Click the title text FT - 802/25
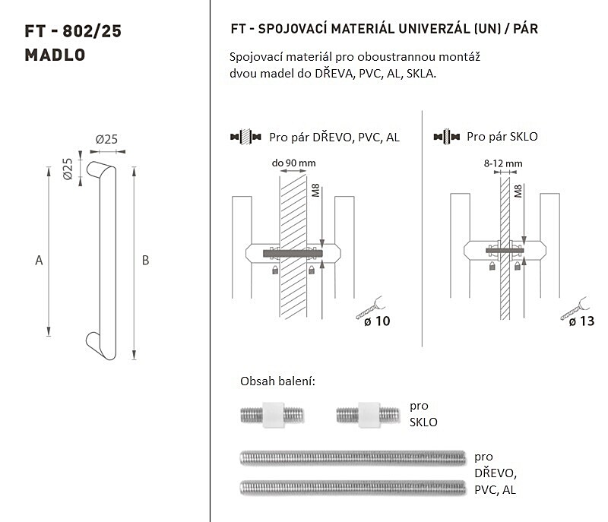(73, 31)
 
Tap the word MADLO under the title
(55, 55)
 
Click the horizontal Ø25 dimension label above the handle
(106, 139)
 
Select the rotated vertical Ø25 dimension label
(68, 169)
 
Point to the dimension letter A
(39, 261)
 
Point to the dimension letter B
(145, 261)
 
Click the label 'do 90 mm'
(293, 163)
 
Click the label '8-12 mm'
(503, 163)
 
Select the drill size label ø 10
(377, 321)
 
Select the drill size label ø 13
(581, 321)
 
